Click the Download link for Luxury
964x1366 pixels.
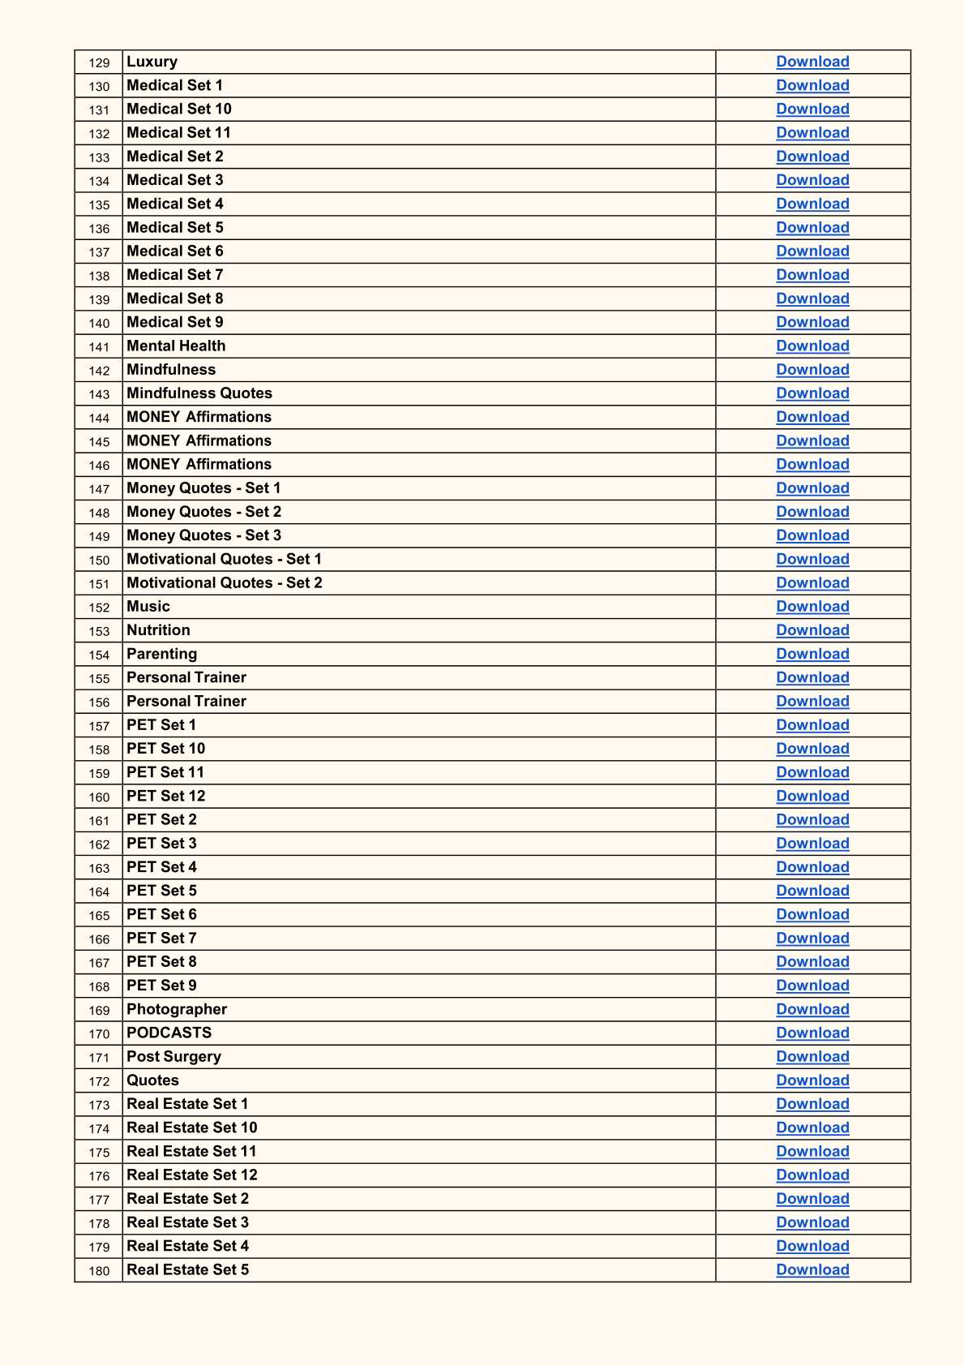click(812, 62)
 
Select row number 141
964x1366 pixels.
click(99, 347)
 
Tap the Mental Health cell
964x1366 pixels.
click(176, 346)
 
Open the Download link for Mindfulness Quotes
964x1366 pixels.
click(812, 393)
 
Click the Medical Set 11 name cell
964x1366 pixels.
click(178, 133)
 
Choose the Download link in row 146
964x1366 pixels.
click(812, 465)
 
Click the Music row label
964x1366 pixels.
click(148, 607)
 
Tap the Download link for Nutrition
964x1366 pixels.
click(812, 630)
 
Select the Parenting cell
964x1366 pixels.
click(161, 654)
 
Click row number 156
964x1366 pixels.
click(99, 702)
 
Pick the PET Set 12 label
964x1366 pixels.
click(165, 796)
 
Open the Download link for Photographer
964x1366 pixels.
click(812, 1009)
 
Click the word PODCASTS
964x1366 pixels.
click(169, 1033)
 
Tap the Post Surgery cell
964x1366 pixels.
click(174, 1056)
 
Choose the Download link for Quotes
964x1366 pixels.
click(812, 1080)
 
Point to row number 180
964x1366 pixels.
click(99, 1271)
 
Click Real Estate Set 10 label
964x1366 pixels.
click(191, 1128)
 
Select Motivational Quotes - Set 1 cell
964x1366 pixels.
click(224, 559)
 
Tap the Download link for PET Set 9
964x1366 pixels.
click(812, 986)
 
